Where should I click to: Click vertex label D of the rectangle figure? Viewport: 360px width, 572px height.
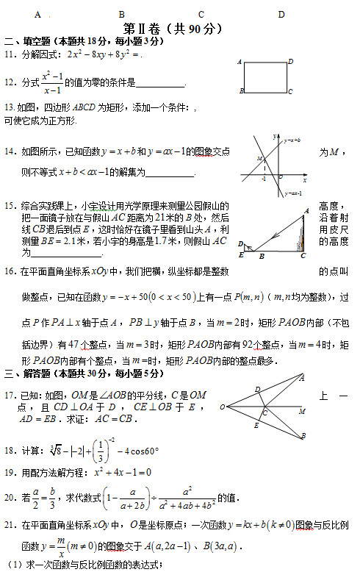point(291,62)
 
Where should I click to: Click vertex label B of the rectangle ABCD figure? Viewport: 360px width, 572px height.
point(241,91)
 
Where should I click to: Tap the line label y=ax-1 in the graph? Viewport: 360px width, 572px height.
point(292,193)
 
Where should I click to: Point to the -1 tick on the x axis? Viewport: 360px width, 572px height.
point(264,179)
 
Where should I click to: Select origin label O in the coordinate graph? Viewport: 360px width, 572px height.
point(279,176)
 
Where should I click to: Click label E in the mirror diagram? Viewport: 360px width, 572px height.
point(241,254)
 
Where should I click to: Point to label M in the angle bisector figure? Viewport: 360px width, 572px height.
point(303,412)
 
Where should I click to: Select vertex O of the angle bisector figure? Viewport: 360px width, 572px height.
point(221,407)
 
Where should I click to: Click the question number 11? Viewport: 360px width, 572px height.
point(9,54)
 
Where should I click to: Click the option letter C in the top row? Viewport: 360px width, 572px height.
point(201,14)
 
